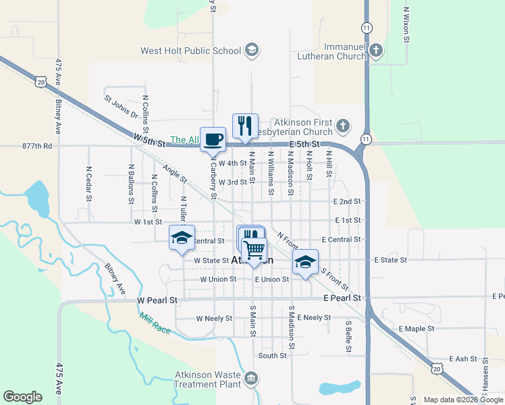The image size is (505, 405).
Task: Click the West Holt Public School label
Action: [190, 51]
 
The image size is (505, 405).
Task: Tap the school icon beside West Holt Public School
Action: [252, 50]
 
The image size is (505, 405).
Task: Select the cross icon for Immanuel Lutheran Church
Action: [376, 50]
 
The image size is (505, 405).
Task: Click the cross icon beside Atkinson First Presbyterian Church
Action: [343, 125]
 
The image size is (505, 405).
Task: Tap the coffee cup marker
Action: [213, 139]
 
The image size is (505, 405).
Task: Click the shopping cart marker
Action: [254, 249]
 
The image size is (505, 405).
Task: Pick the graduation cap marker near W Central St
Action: [182, 238]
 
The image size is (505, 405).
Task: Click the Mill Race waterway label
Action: [155, 325]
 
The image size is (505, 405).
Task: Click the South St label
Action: [272, 355]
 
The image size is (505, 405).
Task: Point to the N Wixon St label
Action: [406, 25]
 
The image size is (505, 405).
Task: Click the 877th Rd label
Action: [36, 145]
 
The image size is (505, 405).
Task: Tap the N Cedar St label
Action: [88, 184]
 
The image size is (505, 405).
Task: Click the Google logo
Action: [23, 396]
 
